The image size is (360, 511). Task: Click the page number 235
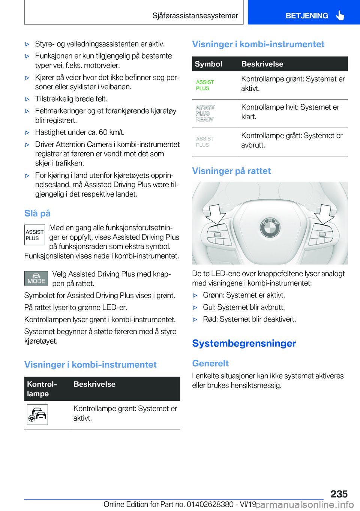coord(339,494)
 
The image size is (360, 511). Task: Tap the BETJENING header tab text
coord(306,16)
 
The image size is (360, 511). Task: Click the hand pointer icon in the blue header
coord(340,15)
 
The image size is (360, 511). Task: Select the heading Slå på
coord(37,213)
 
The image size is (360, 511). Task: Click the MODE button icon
coord(36,278)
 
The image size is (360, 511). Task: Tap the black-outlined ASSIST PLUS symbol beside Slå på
coord(34,235)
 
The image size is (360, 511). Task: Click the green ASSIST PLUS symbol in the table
coord(205,85)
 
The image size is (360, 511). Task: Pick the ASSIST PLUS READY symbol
coord(205,113)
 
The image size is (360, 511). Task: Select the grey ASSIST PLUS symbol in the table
coord(205,142)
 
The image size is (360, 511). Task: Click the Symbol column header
coord(208,64)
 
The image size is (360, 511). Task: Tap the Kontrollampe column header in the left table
coord(42,389)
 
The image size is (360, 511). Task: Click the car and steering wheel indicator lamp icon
coord(37,414)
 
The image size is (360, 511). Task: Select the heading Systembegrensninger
coord(244,343)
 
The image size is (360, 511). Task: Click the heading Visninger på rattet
coord(231,171)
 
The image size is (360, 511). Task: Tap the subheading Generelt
coord(210,363)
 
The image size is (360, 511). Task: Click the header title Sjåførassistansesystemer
coord(195,16)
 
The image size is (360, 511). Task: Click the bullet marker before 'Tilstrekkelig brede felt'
coord(27,99)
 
